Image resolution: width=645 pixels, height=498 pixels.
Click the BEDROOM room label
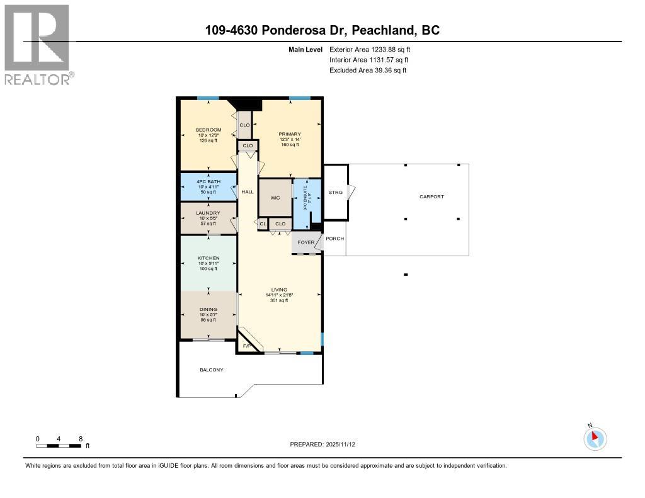pyautogui.click(x=208, y=130)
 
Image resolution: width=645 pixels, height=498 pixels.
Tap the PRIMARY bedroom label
pyautogui.click(x=290, y=134)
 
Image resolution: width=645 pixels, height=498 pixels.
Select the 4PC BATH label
pyautogui.click(x=208, y=182)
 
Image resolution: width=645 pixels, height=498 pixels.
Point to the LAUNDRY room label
pyautogui.click(x=208, y=213)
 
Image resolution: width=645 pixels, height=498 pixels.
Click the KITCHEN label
pyautogui.click(x=208, y=258)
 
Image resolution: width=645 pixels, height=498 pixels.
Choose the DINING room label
pyautogui.click(x=208, y=309)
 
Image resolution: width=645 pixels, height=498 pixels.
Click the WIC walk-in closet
pyautogui.click(x=275, y=198)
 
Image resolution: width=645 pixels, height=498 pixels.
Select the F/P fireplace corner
pyautogui.click(x=247, y=346)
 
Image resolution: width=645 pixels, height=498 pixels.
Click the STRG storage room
pyautogui.click(x=336, y=192)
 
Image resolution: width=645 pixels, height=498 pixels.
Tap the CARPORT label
pyautogui.click(x=431, y=196)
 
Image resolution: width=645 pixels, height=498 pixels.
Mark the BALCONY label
pyautogui.click(x=212, y=370)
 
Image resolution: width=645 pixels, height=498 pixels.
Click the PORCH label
pyautogui.click(x=334, y=239)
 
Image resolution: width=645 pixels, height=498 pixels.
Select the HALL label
pyautogui.click(x=248, y=191)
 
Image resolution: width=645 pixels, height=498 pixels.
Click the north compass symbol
pyautogui.click(x=595, y=438)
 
